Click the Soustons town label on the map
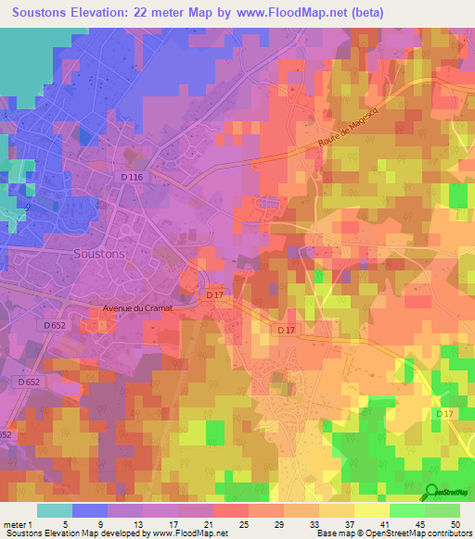pos(98,252)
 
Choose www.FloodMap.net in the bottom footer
pos(186,533)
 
